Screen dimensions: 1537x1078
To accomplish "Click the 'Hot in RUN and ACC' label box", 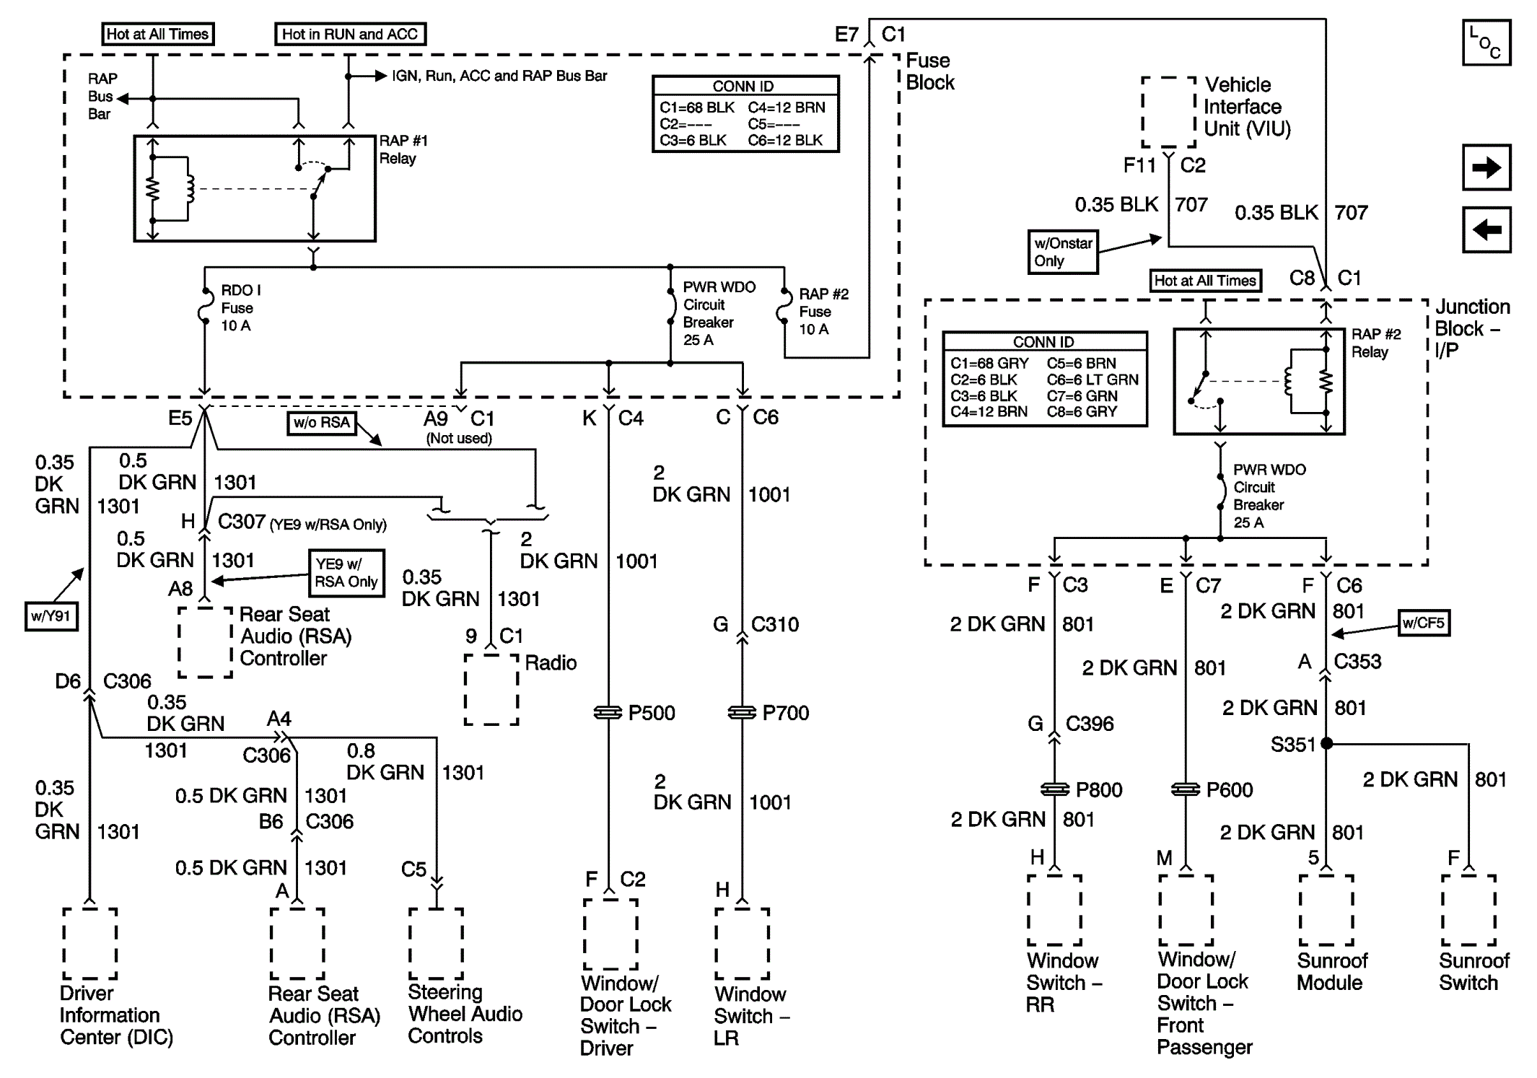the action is (350, 34).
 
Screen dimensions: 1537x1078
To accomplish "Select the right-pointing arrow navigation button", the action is (1486, 167).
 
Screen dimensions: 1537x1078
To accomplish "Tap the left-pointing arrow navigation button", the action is (1486, 230).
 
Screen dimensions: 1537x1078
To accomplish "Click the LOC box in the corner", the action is (1486, 43).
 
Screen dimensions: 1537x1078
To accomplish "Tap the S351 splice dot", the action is (1326, 743).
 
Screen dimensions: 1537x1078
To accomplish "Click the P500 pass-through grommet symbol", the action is (608, 713).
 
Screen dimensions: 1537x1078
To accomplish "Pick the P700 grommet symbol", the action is (743, 713).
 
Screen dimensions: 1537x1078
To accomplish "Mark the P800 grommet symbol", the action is (1055, 789).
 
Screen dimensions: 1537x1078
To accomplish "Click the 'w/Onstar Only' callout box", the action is (1063, 252).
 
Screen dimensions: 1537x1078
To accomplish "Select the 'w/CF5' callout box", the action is (1424, 623).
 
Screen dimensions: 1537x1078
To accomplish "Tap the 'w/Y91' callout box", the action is (51, 616).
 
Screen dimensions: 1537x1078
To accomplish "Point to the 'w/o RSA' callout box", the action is (322, 423).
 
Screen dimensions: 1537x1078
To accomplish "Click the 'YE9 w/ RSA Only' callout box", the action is (346, 573).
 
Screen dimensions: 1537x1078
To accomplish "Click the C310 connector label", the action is (775, 624).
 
